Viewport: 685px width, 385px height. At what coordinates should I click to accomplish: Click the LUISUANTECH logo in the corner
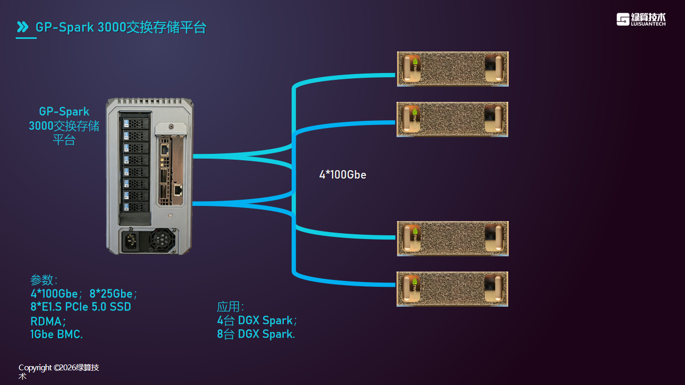(x=641, y=19)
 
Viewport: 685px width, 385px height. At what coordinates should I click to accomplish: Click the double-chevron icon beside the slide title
(x=23, y=27)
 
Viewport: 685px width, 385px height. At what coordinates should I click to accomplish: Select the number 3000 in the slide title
(x=111, y=27)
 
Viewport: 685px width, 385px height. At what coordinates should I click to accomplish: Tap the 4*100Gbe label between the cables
(x=342, y=175)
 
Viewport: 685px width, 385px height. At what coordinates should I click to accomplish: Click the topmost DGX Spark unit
(x=453, y=69)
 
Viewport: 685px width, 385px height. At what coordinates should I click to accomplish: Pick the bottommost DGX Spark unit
(x=453, y=289)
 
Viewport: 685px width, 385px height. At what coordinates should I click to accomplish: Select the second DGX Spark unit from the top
(x=453, y=119)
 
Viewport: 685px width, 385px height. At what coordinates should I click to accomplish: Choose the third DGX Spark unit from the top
(x=453, y=238)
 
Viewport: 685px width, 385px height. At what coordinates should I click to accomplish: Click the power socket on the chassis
(x=131, y=242)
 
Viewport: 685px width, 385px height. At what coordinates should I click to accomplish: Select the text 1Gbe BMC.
(x=57, y=334)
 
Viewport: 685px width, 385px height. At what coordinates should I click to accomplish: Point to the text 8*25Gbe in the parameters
(x=113, y=293)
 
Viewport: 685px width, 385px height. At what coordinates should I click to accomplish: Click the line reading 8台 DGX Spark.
(x=256, y=334)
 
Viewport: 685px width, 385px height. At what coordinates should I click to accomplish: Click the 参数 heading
(x=44, y=280)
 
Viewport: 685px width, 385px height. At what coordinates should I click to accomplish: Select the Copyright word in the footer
(x=35, y=368)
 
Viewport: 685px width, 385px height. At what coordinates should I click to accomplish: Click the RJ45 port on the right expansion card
(x=178, y=190)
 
